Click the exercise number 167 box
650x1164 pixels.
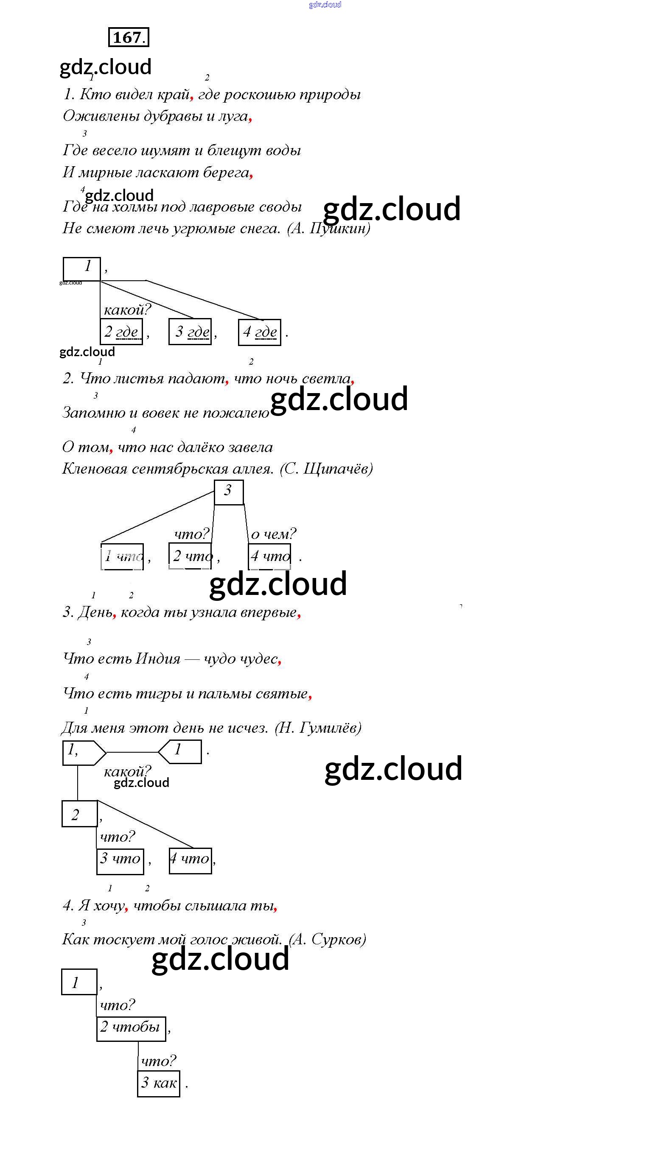pos(129,37)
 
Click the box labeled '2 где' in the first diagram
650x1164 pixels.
pos(121,332)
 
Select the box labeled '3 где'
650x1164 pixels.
pos(190,332)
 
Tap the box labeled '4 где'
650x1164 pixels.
pos(260,332)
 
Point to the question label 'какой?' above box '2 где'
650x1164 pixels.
pos(127,310)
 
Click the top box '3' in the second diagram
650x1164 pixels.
pos(229,491)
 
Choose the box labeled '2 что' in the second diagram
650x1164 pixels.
pos(190,556)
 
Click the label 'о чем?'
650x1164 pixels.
pos(273,534)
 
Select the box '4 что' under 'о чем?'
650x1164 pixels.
pos(270,556)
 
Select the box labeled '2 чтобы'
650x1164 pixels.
pos(131,1028)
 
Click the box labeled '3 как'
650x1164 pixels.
pos(159,1083)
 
